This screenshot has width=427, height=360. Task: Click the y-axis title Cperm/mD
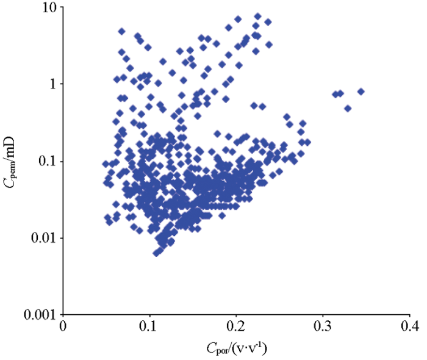12,161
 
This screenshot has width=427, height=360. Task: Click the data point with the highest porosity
361,92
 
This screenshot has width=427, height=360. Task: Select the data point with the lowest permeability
156,253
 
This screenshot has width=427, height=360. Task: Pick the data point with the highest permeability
257,16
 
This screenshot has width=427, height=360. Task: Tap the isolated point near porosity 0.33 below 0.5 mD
348,108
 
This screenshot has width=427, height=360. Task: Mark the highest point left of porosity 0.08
121,31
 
